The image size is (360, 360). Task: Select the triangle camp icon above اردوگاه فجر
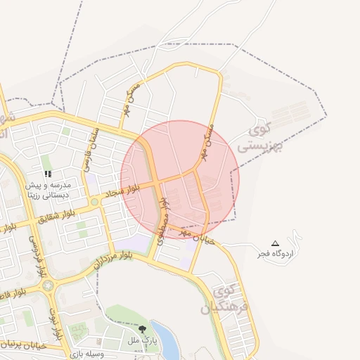[x=275, y=243]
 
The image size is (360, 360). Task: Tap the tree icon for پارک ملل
[x=143, y=329]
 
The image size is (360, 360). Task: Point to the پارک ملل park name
[x=141, y=340]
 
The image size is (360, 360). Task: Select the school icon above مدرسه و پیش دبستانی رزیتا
[x=47, y=173]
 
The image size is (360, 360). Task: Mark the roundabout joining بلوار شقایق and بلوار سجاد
[x=94, y=202]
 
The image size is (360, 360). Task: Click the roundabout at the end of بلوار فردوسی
[x=48, y=285]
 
